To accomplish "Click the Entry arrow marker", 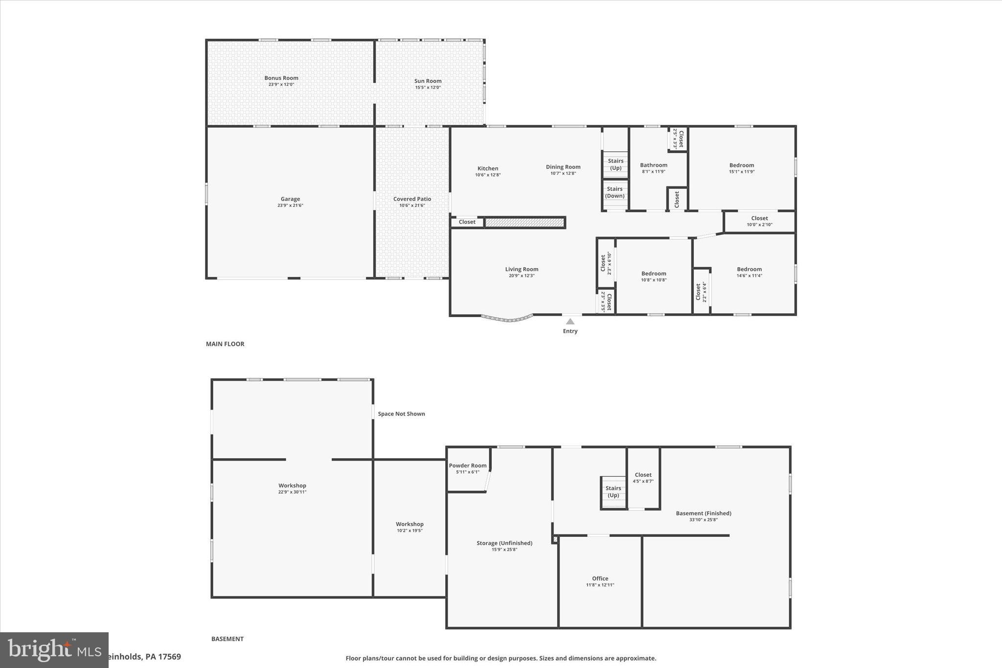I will pos(570,322).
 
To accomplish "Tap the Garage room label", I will pos(290,199).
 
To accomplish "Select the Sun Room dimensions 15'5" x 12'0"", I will pos(428,88).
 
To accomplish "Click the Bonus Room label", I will pos(281,78).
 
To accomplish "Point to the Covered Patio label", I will pos(412,199).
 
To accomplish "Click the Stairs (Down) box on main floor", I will pos(615,193).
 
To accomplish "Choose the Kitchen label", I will pos(488,168).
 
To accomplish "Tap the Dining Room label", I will pos(563,167).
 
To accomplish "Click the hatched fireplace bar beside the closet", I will pos(524,223).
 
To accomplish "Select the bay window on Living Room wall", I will pos(507,319).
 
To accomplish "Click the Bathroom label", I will pos(654,165).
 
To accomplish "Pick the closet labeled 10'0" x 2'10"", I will pos(759,221).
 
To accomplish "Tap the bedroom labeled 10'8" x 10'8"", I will pos(654,276).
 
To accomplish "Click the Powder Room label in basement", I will pos(468,465).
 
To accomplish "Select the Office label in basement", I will pos(600,578).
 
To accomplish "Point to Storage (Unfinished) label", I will pos(504,543).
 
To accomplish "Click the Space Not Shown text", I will pos(401,414).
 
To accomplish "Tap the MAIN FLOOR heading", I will pos(225,344).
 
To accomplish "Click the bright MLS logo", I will pos(54,650).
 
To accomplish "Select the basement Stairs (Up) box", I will pos(613,492).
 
